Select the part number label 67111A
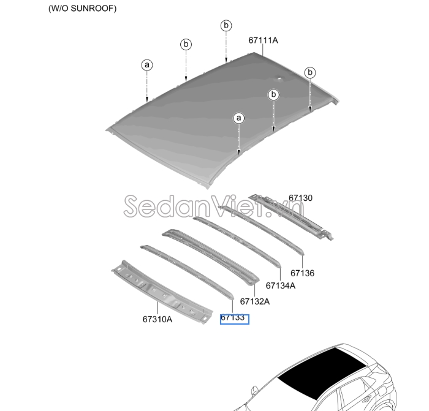[x=263, y=40]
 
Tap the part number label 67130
[x=300, y=198]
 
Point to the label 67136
[x=302, y=273]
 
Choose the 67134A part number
[x=281, y=285]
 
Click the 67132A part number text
[x=255, y=301]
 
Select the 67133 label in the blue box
[x=232, y=318]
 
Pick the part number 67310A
[x=158, y=319]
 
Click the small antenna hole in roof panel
[x=279, y=78]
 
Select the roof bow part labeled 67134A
[x=237, y=241]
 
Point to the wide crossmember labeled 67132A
[x=211, y=257]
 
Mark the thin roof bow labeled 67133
[x=187, y=271]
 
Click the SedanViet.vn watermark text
[x=214, y=206]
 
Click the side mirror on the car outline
[x=255, y=391]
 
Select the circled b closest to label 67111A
[x=226, y=26]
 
